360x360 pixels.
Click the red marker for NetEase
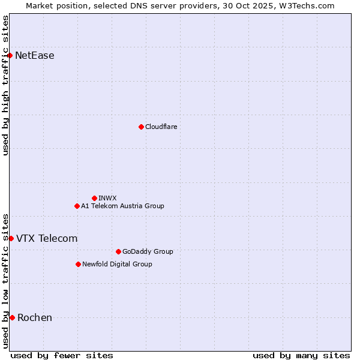pyautogui.click(x=10, y=56)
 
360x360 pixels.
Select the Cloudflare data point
pyautogui.click(x=141, y=127)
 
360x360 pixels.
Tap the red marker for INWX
pyautogui.click(x=94, y=198)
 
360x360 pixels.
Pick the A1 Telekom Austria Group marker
pyautogui.click(x=77, y=206)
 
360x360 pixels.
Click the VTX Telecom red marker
pyautogui.click(x=11, y=238)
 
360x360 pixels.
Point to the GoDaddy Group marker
pyautogui.click(x=118, y=251)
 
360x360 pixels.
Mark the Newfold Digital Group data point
pyautogui.click(x=78, y=264)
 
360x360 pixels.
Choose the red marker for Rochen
pyautogui.click(x=12, y=317)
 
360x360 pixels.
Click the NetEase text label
pyautogui.click(x=35, y=56)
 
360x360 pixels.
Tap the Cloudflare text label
pyautogui.click(x=161, y=127)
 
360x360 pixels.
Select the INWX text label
pyautogui.click(x=107, y=198)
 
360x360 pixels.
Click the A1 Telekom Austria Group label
pyautogui.click(x=122, y=206)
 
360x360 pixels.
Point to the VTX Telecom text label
pyautogui.click(x=47, y=238)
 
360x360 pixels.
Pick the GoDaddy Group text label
pyautogui.click(x=148, y=251)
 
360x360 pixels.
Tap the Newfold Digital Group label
pyautogui.click(x=117, y=264)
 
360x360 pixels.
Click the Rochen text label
pyautogui.click(x=35, y=317)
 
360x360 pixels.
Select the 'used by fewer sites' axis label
pyautogui.click(x=62, y=355)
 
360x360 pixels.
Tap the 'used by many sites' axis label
pyautogui.click(x=301, y=355)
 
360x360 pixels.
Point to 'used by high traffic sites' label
pyautogui.click(x=5, y=85)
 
